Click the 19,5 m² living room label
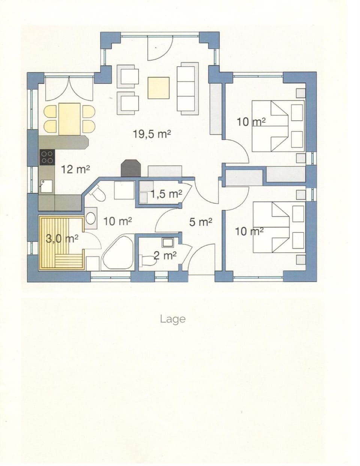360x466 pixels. [152, 134]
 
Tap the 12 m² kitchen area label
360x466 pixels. [75, 169]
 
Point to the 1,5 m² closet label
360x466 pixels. [166, 194]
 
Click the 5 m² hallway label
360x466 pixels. [201, 222]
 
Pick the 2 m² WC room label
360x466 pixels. [165, 256]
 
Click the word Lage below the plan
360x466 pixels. [172, 319]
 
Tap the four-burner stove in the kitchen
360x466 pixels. [46, 157]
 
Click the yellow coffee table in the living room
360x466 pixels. [159, 87]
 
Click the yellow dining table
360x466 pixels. [69, 119]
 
